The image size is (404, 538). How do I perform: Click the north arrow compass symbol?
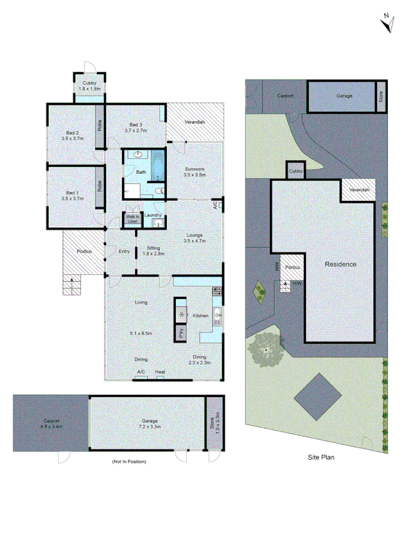click(387, 22)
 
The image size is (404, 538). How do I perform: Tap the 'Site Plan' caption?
click(320, 458)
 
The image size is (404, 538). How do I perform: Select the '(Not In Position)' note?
click(129, 461)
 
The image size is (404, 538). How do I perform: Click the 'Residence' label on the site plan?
click(341, 264)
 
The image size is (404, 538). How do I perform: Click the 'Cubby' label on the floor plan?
click(90, 83)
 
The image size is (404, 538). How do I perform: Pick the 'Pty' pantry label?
click(181, 333)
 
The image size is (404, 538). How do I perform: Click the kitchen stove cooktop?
click(218, 292)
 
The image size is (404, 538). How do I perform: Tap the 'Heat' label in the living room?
click(160, 372)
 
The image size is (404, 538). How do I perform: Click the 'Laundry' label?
click(154, 215)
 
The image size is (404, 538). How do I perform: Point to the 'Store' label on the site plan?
click(380, 96)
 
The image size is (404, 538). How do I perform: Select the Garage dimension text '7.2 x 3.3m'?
click(147, 427)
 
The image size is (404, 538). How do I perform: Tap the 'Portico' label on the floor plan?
click(83, 251)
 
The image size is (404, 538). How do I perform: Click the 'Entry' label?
click(124, 251)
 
